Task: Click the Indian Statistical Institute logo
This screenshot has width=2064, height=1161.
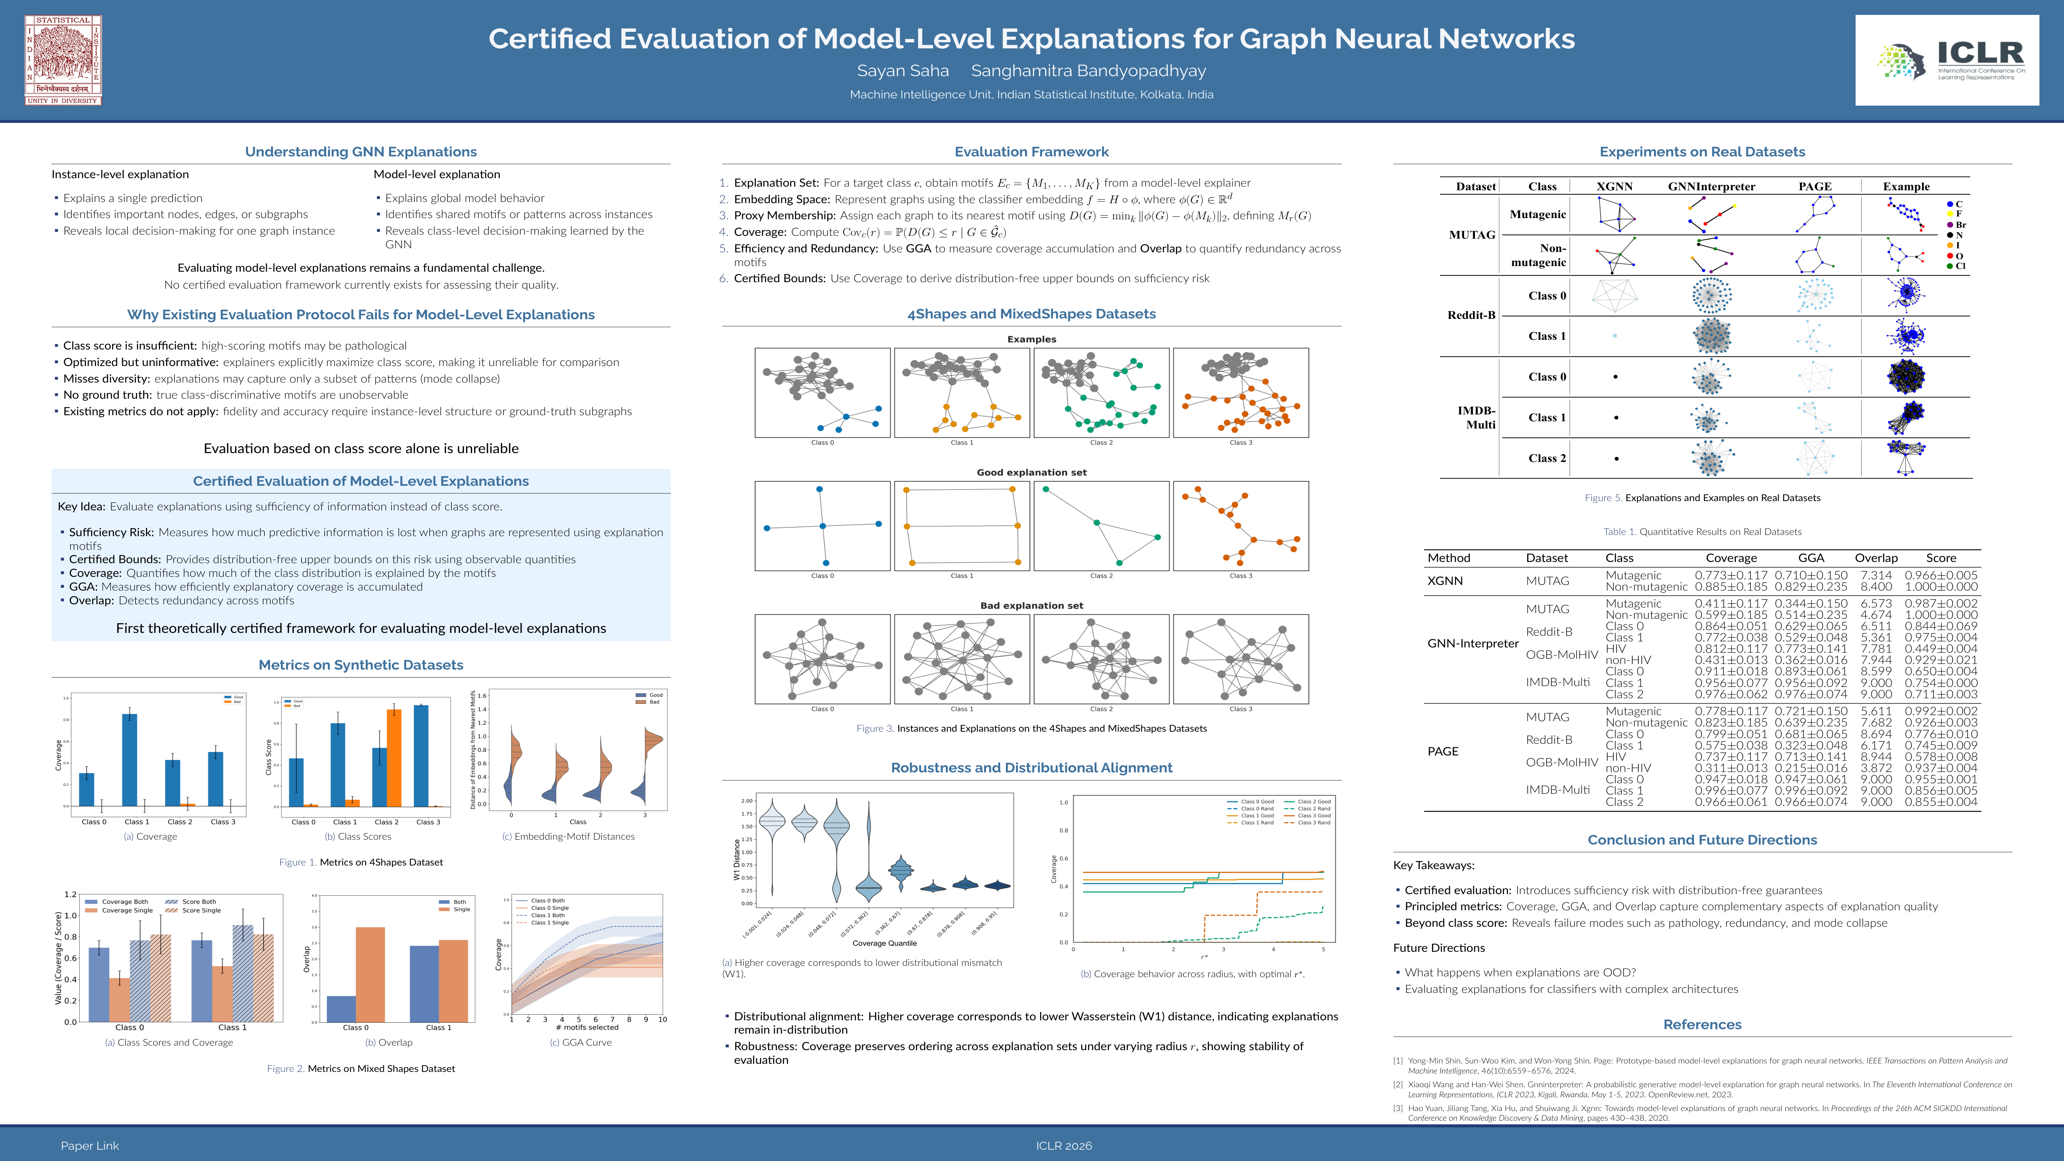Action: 63,60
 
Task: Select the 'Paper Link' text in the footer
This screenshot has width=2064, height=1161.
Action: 90,1146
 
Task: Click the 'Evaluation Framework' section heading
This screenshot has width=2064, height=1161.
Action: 1031,152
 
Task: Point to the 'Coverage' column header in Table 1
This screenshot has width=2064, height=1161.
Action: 1731,558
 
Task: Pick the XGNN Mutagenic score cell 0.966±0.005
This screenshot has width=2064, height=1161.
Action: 1941,575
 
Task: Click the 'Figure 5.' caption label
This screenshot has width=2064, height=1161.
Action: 1602,497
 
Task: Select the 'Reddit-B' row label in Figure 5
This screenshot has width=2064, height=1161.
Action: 1471,315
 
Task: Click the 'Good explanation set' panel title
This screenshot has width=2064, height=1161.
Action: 1031,473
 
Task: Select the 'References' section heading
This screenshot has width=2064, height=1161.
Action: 1702,1024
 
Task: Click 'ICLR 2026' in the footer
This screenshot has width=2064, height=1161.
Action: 1063,1146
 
